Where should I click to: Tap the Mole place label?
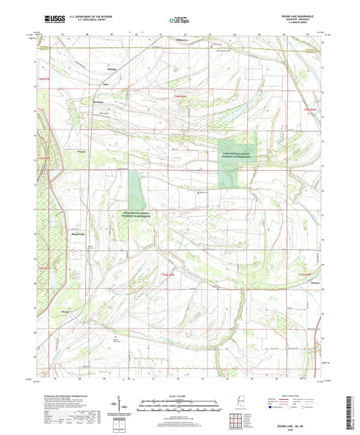coord(105,84)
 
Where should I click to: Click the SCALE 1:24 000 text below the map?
coord(179,395)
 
